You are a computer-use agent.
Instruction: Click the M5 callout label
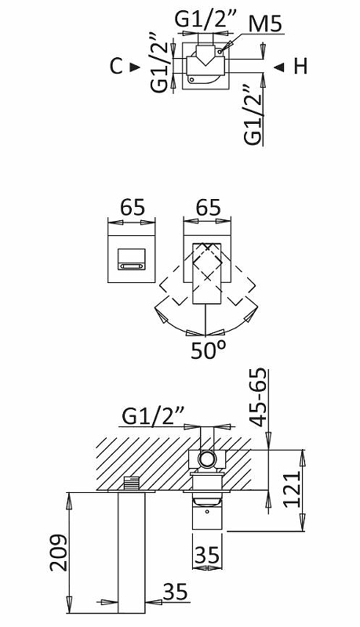point(265,24)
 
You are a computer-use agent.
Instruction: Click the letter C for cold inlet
point(115,67)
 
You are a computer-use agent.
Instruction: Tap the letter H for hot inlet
point(301,67)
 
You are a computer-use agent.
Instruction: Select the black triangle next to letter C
point(135,67)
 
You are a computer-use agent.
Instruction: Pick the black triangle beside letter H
point(278,67)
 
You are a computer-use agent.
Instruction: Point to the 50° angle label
point(208,350)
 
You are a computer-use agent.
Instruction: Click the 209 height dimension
point(58,553)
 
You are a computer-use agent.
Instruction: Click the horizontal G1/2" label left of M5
point(206,19)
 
